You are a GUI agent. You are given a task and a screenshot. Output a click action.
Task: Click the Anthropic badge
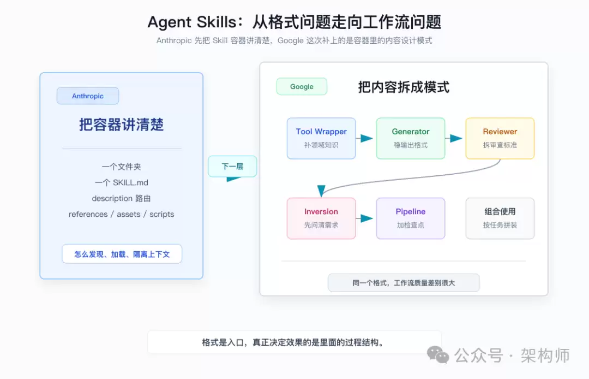(87, 96)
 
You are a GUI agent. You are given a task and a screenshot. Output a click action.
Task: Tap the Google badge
(302, 86)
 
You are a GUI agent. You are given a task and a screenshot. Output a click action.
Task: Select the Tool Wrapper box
(321, 138)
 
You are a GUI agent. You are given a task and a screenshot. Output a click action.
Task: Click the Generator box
(411, 138)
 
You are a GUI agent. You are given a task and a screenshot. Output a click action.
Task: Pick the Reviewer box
(500, 138)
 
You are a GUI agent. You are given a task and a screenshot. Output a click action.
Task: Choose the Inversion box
(321, 218)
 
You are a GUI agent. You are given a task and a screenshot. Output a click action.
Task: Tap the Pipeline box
(411, 218)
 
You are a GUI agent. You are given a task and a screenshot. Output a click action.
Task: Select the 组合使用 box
(500, 218)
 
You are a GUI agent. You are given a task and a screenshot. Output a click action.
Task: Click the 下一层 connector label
(232, 166)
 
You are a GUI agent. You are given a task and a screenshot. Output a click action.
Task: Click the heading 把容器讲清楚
(121, 125)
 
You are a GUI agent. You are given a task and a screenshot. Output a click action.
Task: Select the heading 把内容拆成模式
(404, 87)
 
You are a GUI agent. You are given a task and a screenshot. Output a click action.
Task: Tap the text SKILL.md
(130, 183)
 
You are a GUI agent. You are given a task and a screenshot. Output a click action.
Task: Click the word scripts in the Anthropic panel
(162, 214)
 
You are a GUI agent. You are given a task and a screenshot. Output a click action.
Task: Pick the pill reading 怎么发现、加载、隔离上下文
(122, 254)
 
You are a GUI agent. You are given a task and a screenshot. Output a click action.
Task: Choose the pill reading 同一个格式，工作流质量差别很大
(404, 283)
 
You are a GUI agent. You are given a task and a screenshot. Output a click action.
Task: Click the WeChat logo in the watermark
(438, 355)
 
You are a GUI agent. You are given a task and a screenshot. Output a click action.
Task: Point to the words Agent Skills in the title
(192, 22)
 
